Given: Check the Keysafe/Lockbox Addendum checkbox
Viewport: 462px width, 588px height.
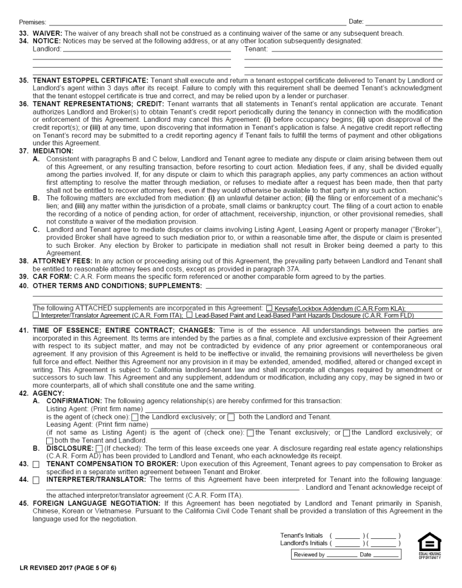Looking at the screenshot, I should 270,308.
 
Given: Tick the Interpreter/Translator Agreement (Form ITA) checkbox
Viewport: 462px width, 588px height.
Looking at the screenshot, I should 36,315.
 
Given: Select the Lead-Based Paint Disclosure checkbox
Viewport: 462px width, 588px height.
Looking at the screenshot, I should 189,315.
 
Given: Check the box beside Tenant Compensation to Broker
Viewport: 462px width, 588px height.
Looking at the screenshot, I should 36,464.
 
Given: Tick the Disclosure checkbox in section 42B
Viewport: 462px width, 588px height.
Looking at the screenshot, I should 99,449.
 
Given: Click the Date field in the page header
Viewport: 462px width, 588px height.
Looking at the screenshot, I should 404,22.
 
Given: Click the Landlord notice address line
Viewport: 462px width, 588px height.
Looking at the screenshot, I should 147,50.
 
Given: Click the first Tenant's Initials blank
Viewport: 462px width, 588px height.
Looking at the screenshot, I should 347,535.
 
